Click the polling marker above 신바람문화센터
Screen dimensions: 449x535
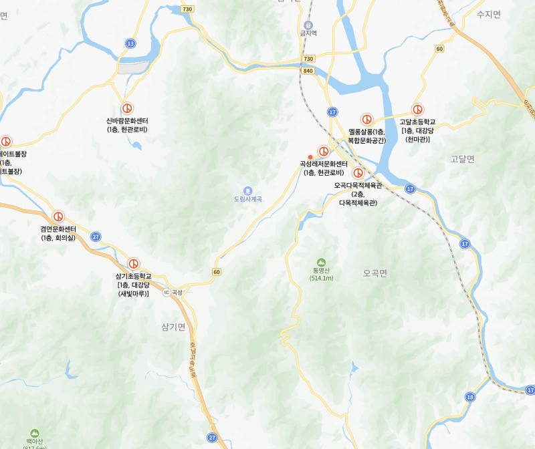pyautogui.click(x=126, y=108)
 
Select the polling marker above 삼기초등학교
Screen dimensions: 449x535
pyautogui.click(x=134, y=264)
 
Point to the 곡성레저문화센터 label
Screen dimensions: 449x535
pyautogui.click(x=324, y=164)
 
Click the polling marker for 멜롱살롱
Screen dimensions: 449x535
pyautogui.click(x=366, y=119)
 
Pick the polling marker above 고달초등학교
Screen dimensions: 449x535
pyautogui.click(x=417, y=110)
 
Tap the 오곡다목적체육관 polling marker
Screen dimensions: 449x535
pyautogui.click(x=358, y=172)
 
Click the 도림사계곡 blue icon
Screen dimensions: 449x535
pyautogui.click(x=247, y=190)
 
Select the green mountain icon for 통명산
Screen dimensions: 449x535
pyautogui.click(x=322, y=262)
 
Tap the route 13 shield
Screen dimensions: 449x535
pyautogui.click(x=130, y=43)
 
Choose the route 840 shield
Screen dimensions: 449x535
pyautogui.click(x=308, y=71)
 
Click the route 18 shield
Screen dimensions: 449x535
pyautogui.click(x=470, y=397)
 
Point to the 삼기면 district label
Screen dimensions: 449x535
pyautogui.click(x=173, y=326)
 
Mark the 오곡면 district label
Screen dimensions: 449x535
pyautogui.click(x=375, y=273)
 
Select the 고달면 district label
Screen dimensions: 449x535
pyautogui.click(x=462, y=158)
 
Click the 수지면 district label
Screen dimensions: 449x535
pyautogui.click(x=488, y=14)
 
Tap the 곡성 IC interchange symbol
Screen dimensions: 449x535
pyautogui.click(x=167, y=292)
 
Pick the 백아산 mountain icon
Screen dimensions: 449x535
pyautogui.click(x=35, y=433)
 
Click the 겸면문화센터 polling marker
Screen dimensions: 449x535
pyautogui.click(x=59, y=217)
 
